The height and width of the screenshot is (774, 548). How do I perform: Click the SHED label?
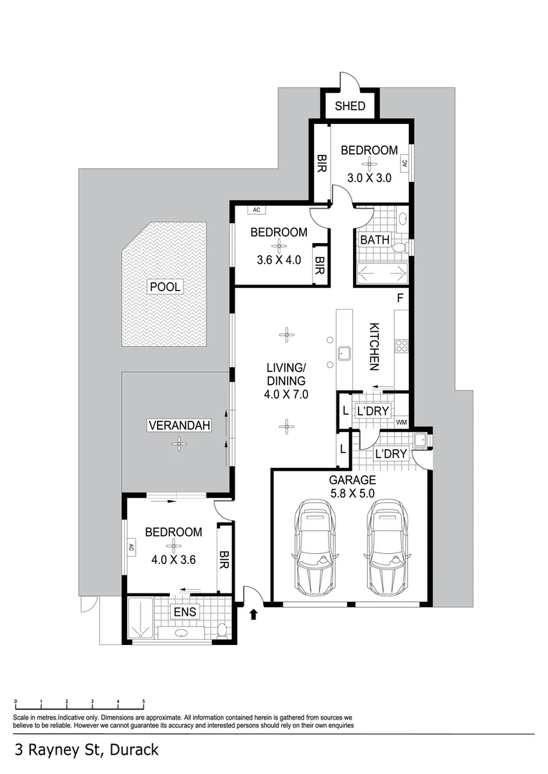(x=350, y=106)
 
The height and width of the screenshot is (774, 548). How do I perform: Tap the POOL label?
(x=165, y=287)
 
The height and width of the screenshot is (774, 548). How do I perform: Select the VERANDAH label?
(x=179, y=425)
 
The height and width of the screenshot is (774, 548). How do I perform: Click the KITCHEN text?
(x=374, y=347)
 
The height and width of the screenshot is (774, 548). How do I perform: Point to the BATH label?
(x=374, y=239)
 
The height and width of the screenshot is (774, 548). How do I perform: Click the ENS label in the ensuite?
(x=184, y=612)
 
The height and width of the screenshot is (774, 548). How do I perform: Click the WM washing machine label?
(x=401, y=421)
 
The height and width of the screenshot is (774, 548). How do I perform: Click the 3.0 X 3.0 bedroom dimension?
(x=369, y=178)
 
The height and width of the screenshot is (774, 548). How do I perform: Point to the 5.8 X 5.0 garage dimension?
(x=352, y=494)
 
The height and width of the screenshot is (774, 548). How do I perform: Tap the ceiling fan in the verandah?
(x=177, y=444)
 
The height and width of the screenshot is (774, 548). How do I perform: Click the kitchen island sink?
(x=344, y=353)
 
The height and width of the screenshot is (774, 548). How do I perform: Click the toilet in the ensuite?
(x=222, y=630)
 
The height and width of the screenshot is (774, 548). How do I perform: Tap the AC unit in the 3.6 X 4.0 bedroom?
(x=256, y=210)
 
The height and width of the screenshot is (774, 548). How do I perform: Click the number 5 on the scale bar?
(x=143, y=702)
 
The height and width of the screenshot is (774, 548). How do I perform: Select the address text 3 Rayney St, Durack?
(x=87, y=750)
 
